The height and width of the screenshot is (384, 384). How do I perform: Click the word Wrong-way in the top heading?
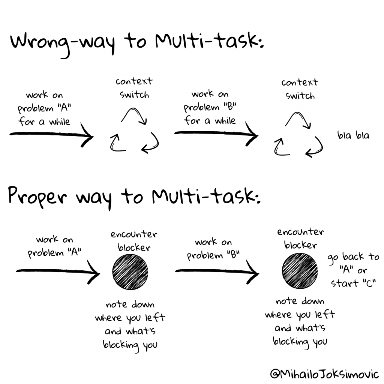click(x=63, y=44)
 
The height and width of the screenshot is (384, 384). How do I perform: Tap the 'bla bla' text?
click(x=353, y=135)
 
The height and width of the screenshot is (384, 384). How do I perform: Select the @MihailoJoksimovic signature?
click(x=325, y=374)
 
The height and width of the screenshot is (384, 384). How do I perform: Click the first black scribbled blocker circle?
click(x=130, y=272)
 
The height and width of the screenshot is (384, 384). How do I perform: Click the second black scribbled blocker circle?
click(x=300, y=271)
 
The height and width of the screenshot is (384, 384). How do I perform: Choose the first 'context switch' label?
click(x=134, y=88)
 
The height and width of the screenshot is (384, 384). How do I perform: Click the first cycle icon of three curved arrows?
click(x=135, y=130)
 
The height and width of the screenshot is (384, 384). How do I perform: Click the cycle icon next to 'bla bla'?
click(x=298, y=135)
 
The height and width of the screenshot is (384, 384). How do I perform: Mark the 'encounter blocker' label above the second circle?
click(x=300, y=238)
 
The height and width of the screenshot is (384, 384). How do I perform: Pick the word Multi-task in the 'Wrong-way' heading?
click(x=209, y=41)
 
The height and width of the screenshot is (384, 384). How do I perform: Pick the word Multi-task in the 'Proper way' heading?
click(x=206, y=196)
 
